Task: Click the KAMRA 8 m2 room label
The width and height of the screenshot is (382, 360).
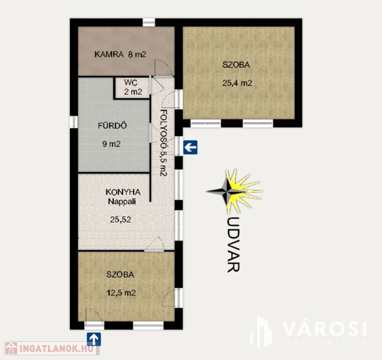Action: [120, 54]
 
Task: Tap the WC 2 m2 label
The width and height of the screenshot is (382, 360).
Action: [133, 87]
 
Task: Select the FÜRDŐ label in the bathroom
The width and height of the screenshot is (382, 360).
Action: [112, 126]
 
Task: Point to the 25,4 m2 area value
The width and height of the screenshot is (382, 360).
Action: [237, 83]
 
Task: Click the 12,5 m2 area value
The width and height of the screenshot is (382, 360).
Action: [121, 292]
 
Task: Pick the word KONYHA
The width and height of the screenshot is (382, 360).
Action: [123, 192]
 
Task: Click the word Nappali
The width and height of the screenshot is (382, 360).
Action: [122, 202]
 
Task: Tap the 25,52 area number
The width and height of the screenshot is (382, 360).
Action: [120, 219]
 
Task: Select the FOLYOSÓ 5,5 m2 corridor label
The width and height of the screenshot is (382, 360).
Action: [163, 142]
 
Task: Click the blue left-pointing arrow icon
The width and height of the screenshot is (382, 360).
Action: [190, 147]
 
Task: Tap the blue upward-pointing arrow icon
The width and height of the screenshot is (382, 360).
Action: [94, 339]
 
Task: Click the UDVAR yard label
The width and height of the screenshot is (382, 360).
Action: [233, 244]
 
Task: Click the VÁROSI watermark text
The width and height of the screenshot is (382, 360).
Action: [324, 329]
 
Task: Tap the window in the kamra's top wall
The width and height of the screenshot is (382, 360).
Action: [148, 22]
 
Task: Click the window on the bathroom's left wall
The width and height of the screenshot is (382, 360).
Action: [74, 122]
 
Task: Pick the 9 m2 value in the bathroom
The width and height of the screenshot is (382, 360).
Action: [111, 144]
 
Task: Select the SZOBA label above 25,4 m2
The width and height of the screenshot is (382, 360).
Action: [236, 65]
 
